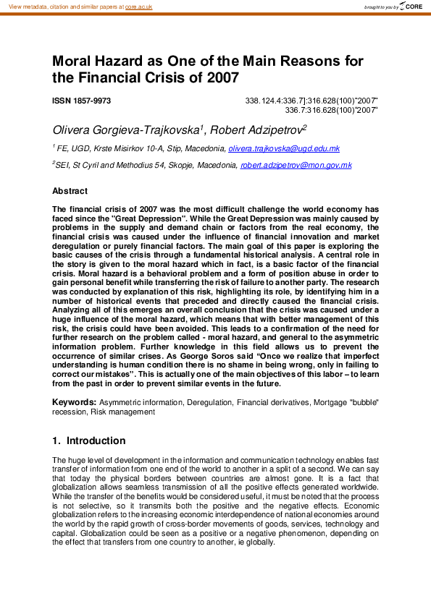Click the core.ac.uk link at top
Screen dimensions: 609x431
[x=139, y=6]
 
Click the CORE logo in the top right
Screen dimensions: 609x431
[x=413, y=7]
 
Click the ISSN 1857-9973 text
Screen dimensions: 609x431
[x=81, y=101]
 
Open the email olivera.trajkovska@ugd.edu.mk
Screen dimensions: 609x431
[x=284, y=148]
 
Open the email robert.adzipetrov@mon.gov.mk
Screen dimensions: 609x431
[x=296, y=166]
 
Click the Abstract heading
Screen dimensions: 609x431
[x=70, y=192]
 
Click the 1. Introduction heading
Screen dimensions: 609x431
[x=89, y=440]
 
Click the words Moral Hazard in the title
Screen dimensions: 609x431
[x=97, y=61]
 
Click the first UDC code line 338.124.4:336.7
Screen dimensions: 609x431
[x=311, y=101]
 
